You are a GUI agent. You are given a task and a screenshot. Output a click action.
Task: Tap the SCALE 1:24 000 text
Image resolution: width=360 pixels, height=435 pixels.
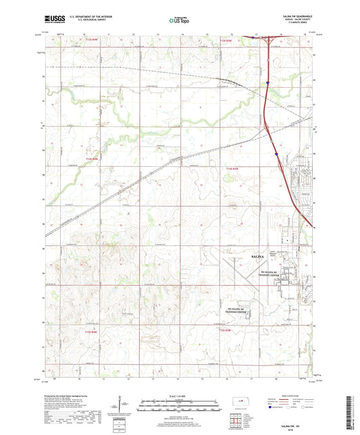tap(180, 395)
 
